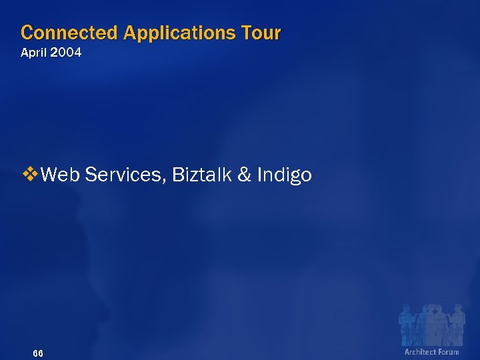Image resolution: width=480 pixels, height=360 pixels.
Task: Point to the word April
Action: [x=35, y=53]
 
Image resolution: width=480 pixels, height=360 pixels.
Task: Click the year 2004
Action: [x=67, y=53]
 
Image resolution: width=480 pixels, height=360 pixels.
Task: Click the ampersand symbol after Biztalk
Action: [x=244, y=175]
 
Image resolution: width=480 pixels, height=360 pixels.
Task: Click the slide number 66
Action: [x=38, y=353]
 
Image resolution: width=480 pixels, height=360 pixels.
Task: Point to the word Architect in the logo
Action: [x=420, y=352]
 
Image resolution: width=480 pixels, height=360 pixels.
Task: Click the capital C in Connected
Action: [x=27, y=32]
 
